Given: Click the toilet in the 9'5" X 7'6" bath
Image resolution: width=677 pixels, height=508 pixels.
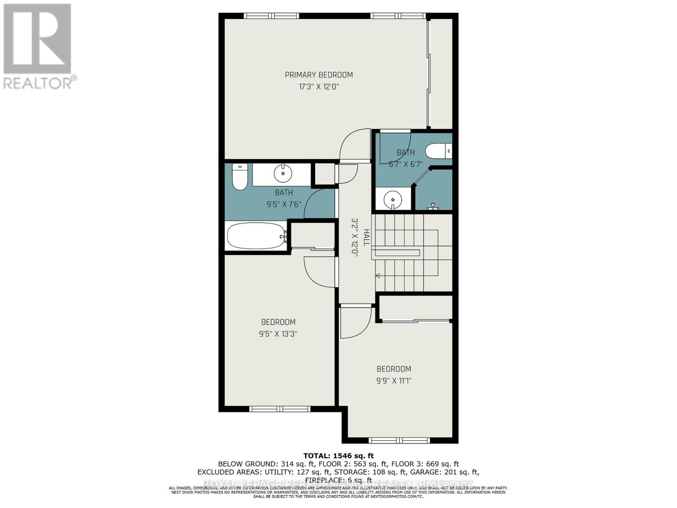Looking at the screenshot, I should [239, 177].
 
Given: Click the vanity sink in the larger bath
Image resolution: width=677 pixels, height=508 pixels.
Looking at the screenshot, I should [283, 173].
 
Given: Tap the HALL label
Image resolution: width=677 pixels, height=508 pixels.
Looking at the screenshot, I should [366, 237].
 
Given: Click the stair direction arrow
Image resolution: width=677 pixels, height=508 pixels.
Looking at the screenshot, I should [378, 276].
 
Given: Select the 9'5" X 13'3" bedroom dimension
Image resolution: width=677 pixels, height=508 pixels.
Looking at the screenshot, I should [278, 334].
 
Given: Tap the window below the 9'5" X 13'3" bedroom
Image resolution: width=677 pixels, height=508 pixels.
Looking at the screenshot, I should [280, 409].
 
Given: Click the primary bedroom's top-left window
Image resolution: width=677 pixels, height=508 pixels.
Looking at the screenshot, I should [271, 16].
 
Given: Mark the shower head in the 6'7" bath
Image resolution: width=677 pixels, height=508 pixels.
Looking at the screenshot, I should [432, 207].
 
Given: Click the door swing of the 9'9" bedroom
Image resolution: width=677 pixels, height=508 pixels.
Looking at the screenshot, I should [355, 323].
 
